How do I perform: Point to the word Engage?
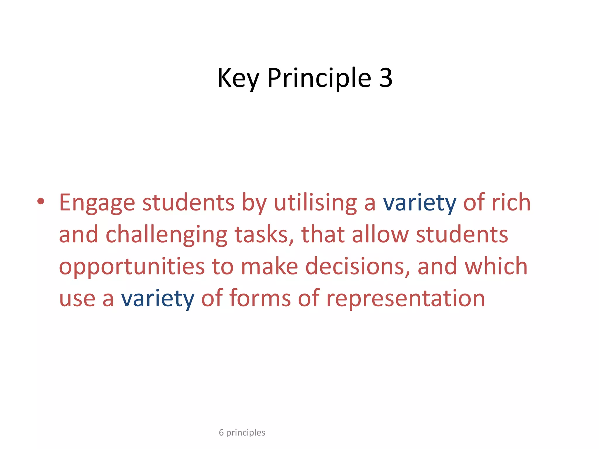tap(97, 202)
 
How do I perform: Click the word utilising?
tap(315, 202)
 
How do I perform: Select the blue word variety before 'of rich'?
tap(419, 203)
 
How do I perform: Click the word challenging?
tap(166, 234)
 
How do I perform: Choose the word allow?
tap(380, 234)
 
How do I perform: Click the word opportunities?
tap(132, 267)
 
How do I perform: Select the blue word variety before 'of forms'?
tap(158, 298)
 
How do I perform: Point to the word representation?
tap(405, 298)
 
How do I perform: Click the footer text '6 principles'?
tap(242, 432)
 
